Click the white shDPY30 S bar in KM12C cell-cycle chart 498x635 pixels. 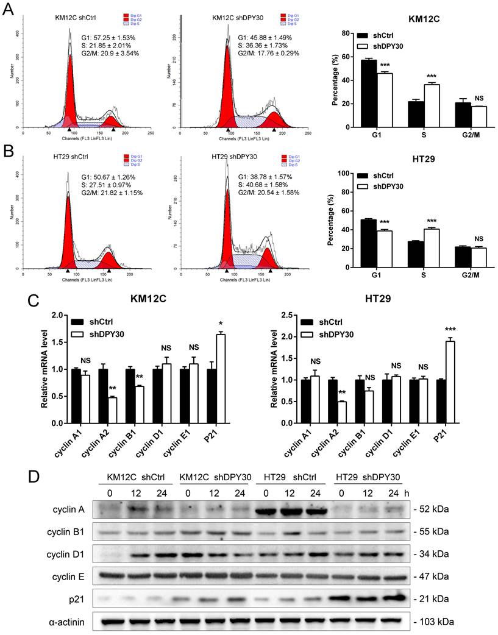point(415,105)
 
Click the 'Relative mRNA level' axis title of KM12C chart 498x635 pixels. point(44,369)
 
